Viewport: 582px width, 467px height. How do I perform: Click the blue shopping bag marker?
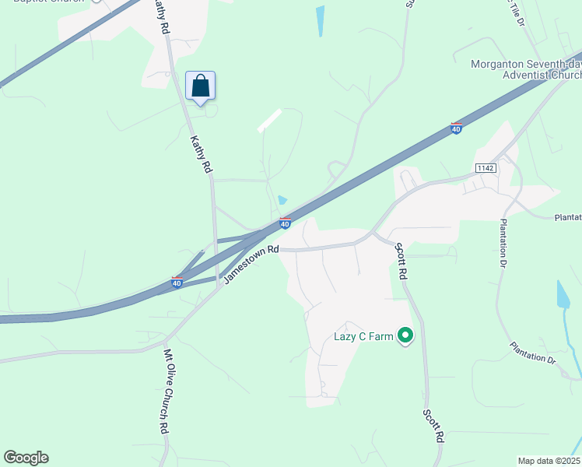click(200, 86)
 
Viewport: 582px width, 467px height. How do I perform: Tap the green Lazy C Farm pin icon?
click(405, 336)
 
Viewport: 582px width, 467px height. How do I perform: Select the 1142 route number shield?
click(486, 168)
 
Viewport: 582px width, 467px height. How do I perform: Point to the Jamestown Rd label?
click(251, 265)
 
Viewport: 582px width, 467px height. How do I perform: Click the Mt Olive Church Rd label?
click(165, 391)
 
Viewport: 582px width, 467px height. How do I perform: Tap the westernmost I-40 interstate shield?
click(177, 282)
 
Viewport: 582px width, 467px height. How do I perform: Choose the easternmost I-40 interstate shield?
click(457, 128)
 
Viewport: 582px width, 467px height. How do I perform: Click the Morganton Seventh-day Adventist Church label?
click(526, 69)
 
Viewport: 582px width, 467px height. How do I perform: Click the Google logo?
click(26, 458)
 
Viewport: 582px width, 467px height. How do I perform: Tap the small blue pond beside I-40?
click(282, 201)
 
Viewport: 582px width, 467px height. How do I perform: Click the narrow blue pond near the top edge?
click(321, 21)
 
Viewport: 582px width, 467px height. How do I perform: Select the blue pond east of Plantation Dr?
click(563, 294)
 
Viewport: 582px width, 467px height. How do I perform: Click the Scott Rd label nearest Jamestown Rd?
click(400, 262)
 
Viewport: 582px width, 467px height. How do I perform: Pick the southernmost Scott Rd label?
click(433, 426)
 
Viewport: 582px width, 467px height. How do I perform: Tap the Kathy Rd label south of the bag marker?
click(201, 154)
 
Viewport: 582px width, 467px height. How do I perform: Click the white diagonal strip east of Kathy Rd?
click(269, 121)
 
